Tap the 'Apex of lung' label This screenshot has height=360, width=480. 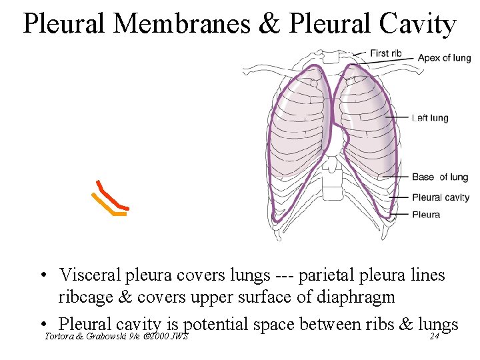coord(444,58)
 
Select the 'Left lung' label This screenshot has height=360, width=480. coord(430,119)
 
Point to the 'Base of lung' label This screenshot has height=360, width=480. coord(439,177)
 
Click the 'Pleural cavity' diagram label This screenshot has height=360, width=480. coord(441,197)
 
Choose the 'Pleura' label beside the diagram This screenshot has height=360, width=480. coord(426,215)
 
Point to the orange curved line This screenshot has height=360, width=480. coord(107,207)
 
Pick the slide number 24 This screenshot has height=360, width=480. coord(434,336)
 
